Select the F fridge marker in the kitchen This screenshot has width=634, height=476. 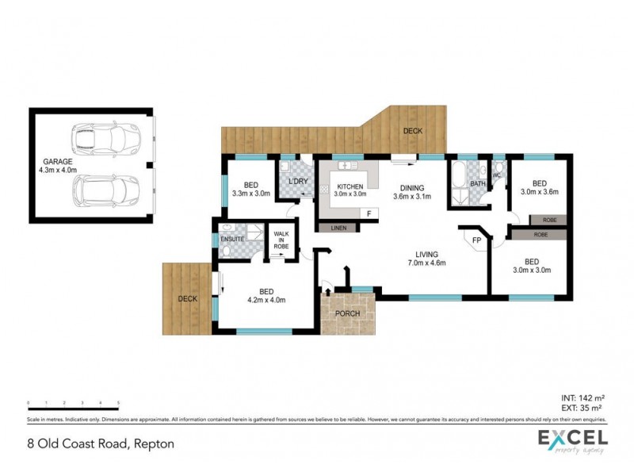tap(369, 213)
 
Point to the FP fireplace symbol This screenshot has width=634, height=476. tap(477, 240)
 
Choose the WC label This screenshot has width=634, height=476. tap(497, 175)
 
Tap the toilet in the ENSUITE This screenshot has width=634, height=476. tap(227, 251)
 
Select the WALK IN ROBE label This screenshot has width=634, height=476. tap(281, 240)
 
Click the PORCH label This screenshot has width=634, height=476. tap(347, 313)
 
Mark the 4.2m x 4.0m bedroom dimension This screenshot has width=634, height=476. tap(265, 300)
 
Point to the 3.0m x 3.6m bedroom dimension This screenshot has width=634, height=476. tap(539, 191)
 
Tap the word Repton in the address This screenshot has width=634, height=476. tap(155, 443)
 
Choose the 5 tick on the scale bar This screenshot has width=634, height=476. tap(118, 403)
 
